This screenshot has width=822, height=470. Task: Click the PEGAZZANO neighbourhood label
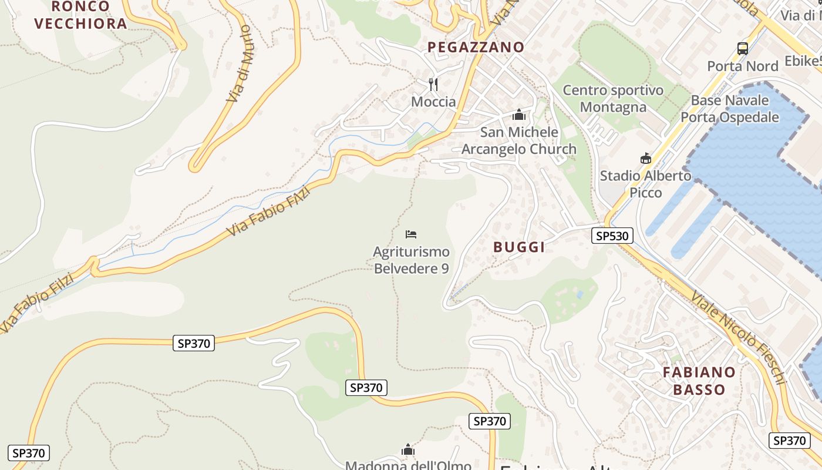[476, 47]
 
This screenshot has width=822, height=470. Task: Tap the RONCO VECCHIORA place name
[80, 15]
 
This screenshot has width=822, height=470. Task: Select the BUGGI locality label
[519, 247]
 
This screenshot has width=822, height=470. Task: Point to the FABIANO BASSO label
[699, 381]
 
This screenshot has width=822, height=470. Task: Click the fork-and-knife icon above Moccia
[433, 85]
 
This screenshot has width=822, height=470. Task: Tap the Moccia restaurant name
[433, 102]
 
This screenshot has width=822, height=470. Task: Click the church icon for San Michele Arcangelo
[518, 115]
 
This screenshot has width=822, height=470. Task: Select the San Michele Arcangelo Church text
[519, 140]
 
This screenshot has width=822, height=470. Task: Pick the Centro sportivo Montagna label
[613, 99]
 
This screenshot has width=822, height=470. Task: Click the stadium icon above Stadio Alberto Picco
[646, 158]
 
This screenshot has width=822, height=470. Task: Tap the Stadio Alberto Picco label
[646, 184]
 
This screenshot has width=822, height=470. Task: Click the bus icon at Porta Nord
[743, 49]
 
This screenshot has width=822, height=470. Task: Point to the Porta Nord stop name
[743, 66]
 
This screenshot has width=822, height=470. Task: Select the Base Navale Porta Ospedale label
[730, 109]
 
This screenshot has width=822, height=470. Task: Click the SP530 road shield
[612, 236]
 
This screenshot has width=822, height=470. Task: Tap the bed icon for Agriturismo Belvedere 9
[411, 234]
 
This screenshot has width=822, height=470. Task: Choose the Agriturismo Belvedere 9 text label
[411, 260]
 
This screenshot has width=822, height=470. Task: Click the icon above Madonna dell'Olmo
[408, 450]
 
